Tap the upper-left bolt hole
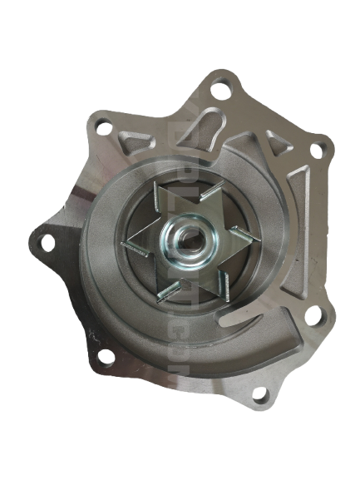(101, 126)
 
